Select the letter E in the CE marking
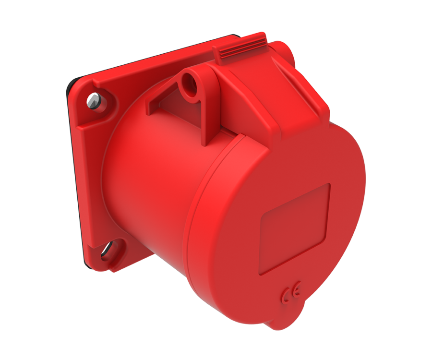(x=297, y=291)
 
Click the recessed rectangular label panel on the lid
(x=294, y=229)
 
